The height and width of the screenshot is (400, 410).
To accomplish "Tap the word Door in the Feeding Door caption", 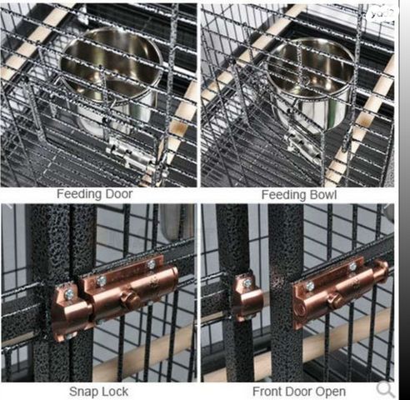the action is click(119, 194).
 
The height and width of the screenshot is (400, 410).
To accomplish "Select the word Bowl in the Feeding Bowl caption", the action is click(323, 195).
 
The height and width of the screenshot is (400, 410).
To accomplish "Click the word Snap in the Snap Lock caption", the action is click(84, 392).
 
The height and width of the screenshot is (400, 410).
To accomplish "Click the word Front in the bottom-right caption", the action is click(268, 392).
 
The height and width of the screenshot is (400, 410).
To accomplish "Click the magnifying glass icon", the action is click(386, 389).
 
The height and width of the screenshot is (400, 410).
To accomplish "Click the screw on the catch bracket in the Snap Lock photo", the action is click(68, 294).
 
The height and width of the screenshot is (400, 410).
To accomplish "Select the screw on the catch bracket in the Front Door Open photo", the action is click(247, 282).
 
